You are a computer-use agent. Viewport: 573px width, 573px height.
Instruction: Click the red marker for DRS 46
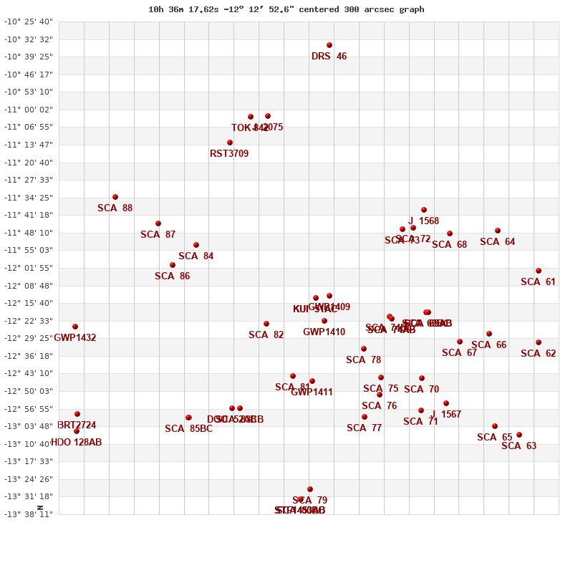click(x=329, y=45)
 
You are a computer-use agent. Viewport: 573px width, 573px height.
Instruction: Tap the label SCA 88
click(x=115, y=208)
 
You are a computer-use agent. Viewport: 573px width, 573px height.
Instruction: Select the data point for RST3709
click(x=230, y=143)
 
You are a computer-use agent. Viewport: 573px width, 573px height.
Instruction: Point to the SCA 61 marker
click(x=539, y=271)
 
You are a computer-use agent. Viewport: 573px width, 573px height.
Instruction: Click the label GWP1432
click(x=75, y=338)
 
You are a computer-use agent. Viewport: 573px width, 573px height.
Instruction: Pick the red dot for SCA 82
click(x=266, y=324)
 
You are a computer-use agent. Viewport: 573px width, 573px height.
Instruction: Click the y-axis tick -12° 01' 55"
click(x=29, y=268)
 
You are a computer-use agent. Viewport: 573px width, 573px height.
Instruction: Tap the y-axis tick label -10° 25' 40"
click(x=29, y=21)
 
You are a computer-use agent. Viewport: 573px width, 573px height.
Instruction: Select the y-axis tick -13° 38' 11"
click(x=29, y=514)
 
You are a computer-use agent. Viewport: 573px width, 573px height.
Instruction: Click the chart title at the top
click(x=286, y=9)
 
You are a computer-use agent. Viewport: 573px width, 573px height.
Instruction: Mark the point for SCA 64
click(x=498, y=231)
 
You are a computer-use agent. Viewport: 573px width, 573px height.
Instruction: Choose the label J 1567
click(x=446, y=415)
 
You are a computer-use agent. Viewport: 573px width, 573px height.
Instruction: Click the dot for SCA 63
click(x=519, y=435)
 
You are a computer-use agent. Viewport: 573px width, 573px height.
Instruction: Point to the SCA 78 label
click(x=364, y=360)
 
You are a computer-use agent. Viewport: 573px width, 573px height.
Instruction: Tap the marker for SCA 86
click(x=173, y=265)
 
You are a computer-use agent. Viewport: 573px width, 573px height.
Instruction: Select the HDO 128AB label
click(x=77, y=443)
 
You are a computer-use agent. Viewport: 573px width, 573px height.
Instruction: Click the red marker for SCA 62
click(x=539, y=342)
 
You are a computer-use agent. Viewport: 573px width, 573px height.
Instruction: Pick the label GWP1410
click(x=324, y=332)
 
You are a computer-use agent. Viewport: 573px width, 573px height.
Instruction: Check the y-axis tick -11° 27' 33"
click(x=29, y=180)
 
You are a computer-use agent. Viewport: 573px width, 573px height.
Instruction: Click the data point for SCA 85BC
click(x=188, y=418)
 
